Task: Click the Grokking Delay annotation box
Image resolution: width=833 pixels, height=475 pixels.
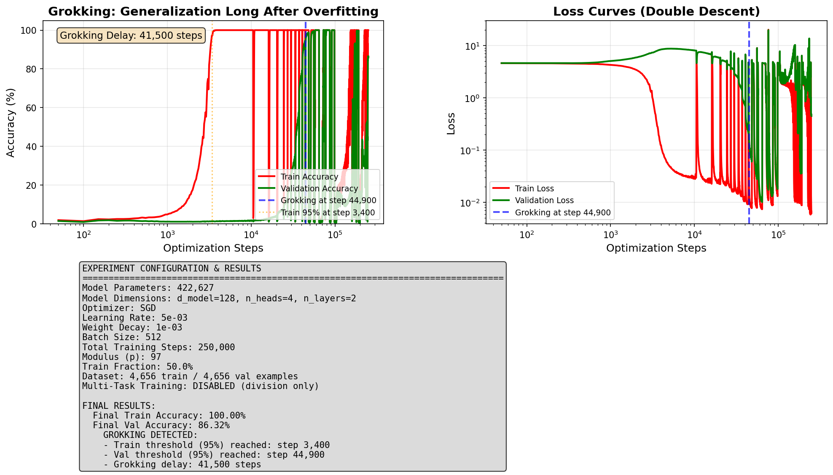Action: [x=131, y=35]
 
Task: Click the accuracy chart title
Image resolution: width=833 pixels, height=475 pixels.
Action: [x=213, y=11]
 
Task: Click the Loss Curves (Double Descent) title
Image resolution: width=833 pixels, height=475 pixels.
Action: [x=656, y=11]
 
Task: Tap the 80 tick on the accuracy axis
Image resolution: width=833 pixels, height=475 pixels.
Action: [x=31, y=69]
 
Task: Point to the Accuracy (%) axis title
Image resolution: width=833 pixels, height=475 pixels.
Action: [x=11, y=123]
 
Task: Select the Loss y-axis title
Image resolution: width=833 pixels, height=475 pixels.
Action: [x=451, y=123]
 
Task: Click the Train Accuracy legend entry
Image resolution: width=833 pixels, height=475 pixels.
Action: [x=309, y=177]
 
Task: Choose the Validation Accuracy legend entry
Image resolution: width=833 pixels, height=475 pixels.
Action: [x=319, y=189]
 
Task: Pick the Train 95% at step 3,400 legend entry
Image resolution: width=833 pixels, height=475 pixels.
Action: [x=328, y=213]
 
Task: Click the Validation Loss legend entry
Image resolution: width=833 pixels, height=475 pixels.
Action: [x=544, y=201]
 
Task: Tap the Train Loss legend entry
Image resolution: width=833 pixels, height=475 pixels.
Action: [x=534, y=189]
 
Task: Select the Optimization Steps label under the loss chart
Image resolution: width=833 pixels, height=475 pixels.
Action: [x=656, y=248]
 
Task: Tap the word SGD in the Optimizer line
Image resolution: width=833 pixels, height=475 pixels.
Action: [x=148, y=308]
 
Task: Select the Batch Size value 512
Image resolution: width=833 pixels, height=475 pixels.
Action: [x=153, y=337]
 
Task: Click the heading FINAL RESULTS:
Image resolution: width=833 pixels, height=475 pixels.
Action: [x=119, y=406]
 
